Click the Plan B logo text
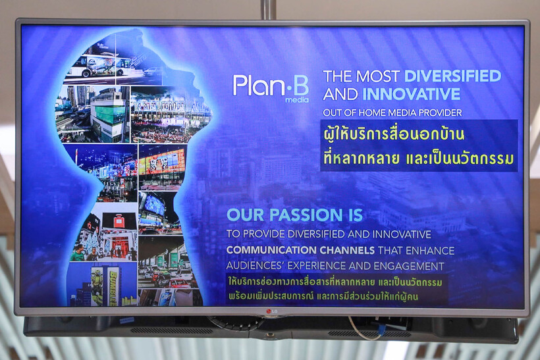coord(271,86)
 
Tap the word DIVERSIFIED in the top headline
coord(452,76)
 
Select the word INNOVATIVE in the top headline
coord(411,94)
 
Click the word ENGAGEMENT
coord(409,266)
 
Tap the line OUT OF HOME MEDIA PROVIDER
coord(392,113)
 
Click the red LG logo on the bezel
coord(272,311)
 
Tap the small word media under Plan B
coord(297,100)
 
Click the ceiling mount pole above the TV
coord(268,10)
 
